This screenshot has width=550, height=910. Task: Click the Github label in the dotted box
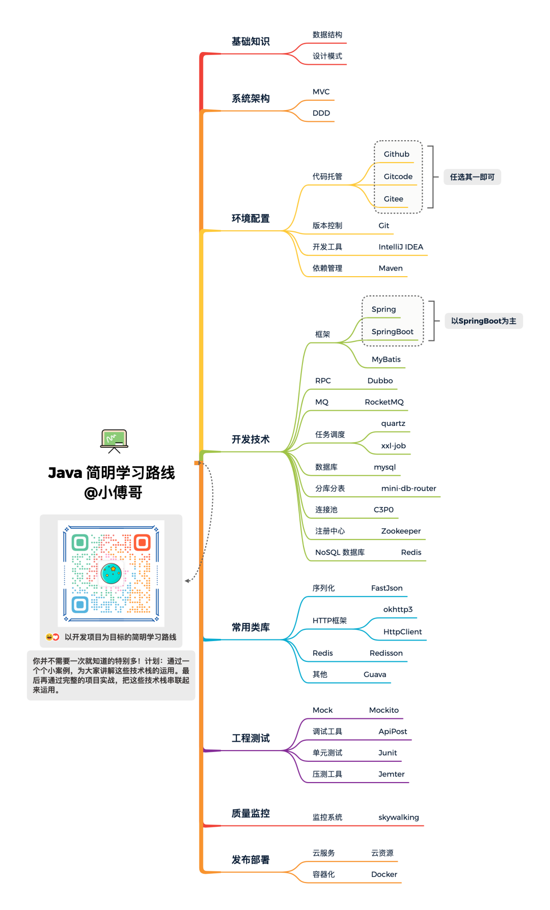coord(396,154)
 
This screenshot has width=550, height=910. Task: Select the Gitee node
coord(393,199)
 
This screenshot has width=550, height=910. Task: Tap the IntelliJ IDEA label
coord(400,247)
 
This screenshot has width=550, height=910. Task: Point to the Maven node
coord(391,268)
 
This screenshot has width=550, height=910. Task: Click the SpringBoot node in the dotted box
coord(392,332)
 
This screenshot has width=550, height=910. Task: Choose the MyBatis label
coord(386,359)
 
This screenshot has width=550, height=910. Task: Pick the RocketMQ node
coord(384,402)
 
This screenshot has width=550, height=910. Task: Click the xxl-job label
coord(393,446)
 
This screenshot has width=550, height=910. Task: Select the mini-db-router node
coord(408,488)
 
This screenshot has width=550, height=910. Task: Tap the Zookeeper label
coord(401,531)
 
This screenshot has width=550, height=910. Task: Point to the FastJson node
coord(387,588)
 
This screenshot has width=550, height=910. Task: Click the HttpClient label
coord(402,632)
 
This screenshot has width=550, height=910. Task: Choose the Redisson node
coord(386,653)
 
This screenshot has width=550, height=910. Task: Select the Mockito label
coord(383,710)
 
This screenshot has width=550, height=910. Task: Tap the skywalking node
coord(398,817)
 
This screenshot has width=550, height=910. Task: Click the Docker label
coord(384,874)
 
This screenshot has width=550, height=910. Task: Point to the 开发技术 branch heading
coord(251,439)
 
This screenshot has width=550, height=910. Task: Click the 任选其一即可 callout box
coord(472,177)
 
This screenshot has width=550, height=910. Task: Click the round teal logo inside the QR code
coord(111,573)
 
